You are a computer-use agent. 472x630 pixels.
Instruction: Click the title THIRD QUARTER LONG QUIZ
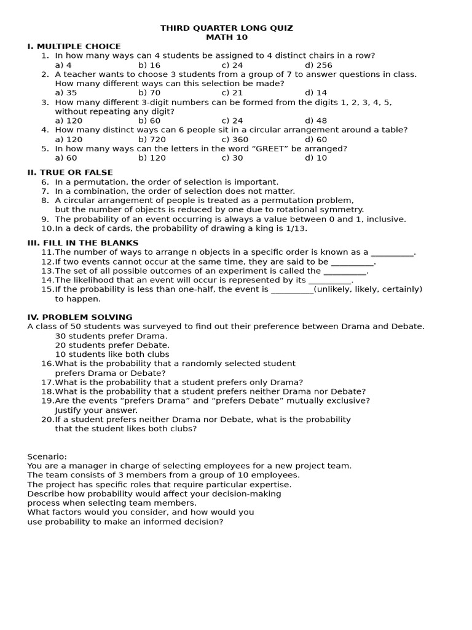227,28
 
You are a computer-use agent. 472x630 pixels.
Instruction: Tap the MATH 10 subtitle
227,38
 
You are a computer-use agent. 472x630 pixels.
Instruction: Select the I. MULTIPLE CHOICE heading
74,47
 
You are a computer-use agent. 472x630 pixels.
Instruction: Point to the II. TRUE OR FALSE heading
70,173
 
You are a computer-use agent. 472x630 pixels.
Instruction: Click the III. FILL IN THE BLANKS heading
83,243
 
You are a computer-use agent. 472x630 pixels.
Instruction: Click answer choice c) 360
235,140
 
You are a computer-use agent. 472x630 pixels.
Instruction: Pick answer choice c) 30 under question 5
232,158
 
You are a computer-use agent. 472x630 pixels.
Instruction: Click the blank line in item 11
393,253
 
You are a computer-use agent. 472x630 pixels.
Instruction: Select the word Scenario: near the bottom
47,457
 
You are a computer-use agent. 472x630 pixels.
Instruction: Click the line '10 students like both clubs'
112,354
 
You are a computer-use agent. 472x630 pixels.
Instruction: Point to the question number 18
47,391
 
